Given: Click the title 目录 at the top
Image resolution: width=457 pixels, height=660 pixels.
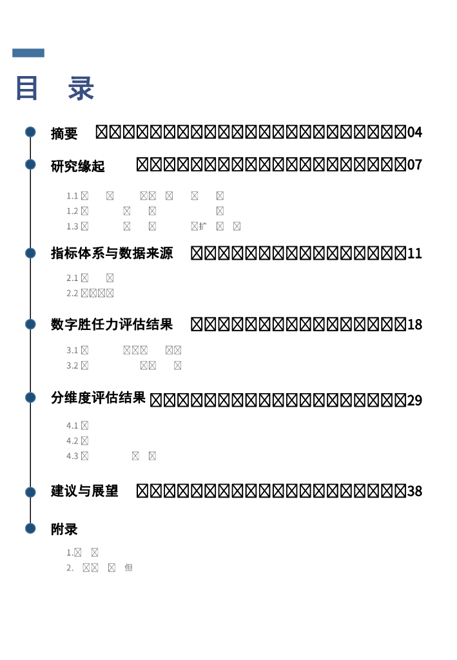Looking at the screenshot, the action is (55, 88).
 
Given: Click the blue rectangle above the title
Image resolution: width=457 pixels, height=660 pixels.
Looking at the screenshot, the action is (28, 53).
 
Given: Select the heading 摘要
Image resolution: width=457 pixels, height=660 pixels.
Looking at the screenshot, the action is (64, 133).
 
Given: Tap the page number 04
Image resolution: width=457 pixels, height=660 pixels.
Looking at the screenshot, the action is (414, 132).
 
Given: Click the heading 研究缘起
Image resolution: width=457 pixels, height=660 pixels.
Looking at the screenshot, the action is (78, 166).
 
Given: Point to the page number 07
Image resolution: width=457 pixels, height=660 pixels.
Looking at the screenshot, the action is (414, 165).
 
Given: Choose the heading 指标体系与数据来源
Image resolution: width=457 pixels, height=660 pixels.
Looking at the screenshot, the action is (112, 253).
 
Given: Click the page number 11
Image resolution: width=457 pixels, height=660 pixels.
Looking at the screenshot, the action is (414, 254).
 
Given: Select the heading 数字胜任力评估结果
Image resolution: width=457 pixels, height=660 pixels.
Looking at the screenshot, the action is (112, 324).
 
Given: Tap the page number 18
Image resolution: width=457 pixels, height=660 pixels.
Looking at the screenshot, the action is (414, 325).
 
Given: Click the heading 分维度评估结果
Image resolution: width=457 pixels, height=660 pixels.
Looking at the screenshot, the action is (99, 398).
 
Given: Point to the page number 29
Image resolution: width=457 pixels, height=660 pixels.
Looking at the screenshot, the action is (414, 400).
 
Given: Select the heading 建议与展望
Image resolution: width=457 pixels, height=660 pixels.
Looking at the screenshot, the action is (85, 491).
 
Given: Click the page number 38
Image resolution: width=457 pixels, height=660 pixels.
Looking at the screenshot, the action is (414, 491).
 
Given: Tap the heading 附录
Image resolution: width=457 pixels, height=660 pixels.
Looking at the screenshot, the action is (64, 529).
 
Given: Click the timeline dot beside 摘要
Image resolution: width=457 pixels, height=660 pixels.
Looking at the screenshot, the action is (30, 132).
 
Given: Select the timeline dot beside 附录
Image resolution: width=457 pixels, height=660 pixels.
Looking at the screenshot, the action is (30, 529).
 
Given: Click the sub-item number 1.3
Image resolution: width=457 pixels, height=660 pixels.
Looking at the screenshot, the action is (72, 226).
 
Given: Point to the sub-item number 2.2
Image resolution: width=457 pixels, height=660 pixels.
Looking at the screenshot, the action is (72, 293).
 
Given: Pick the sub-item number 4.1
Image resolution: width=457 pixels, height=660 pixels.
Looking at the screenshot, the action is (72, 425).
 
